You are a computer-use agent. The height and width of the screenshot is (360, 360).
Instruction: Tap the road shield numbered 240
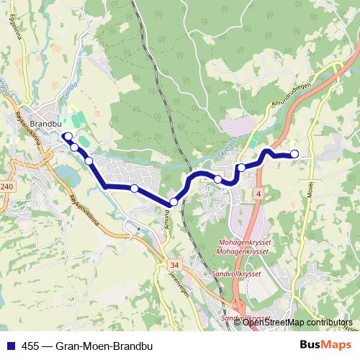pos(7,186)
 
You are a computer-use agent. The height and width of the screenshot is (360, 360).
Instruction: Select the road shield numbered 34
pos(174,264)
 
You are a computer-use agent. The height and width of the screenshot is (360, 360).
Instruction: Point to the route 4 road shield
pos(258,195)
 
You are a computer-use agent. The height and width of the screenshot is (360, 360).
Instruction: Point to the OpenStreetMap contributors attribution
pos(299,322)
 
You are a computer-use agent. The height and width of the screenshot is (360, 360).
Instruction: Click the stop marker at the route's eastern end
pos(294,154)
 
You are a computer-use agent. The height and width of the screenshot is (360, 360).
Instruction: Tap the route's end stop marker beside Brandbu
pos(66,136)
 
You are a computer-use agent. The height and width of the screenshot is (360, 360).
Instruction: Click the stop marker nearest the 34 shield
pos(174,203)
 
